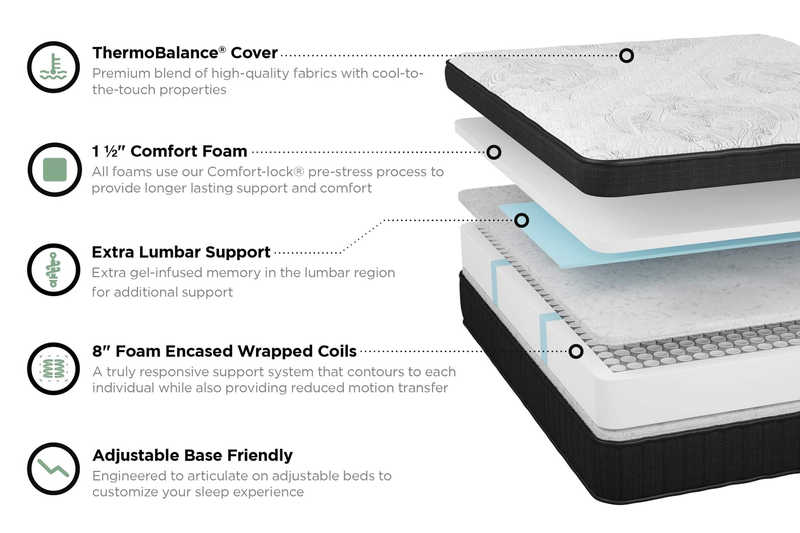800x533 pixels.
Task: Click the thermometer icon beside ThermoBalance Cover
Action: (x=53, y=67)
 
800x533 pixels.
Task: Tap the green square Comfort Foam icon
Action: (x=55, y=169)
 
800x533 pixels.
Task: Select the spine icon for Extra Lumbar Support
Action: (x=53, y=270)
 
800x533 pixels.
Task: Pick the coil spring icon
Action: (x=53, y=369)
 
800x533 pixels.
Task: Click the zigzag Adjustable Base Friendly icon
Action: (x=53, y=468)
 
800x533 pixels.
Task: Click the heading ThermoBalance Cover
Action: (x=185, y=53)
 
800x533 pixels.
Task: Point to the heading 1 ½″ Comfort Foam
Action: (x=169, y=151)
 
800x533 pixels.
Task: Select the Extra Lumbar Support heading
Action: (x=181, y=252)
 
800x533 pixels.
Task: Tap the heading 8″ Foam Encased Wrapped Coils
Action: (x=224, y=351)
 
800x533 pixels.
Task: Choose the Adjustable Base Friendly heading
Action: (x=192, y=455)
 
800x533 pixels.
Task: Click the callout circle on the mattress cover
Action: (x=626, y=55)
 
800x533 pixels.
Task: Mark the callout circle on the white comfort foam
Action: (x=494, y=152)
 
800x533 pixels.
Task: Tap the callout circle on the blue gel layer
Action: (x=522, y=221)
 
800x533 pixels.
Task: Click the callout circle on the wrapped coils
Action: (x=576, y=351)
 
